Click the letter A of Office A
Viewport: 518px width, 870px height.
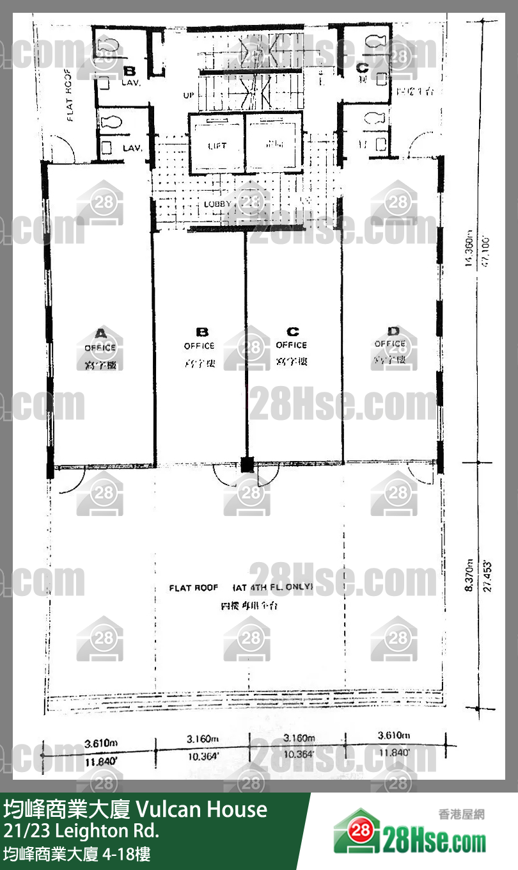click(x=100, y=333)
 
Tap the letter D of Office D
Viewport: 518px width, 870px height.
click(x=393, y=331)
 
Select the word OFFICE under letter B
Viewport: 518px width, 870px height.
click(x=199, y=346)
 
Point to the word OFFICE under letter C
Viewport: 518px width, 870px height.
click(x=292, y=345)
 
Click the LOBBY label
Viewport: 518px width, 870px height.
click(x=217, y=204)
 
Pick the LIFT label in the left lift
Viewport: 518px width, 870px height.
click(x=217, y=146)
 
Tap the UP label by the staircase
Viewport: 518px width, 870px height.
click(x=189, y=95)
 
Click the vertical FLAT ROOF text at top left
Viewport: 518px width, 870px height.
click(x=70, y=95)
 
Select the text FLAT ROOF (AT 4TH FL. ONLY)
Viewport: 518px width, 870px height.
click(x=240, y=587)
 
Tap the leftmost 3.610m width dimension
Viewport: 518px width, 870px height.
click(x=101, y=743)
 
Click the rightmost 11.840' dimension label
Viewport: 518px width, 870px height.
click(x=394, y=753)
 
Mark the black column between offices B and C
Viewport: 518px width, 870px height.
click(x=246, y=464)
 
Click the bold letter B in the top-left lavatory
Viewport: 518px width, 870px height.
click(x=129, y=71)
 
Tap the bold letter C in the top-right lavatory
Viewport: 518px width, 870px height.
click(x=362, y=67)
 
